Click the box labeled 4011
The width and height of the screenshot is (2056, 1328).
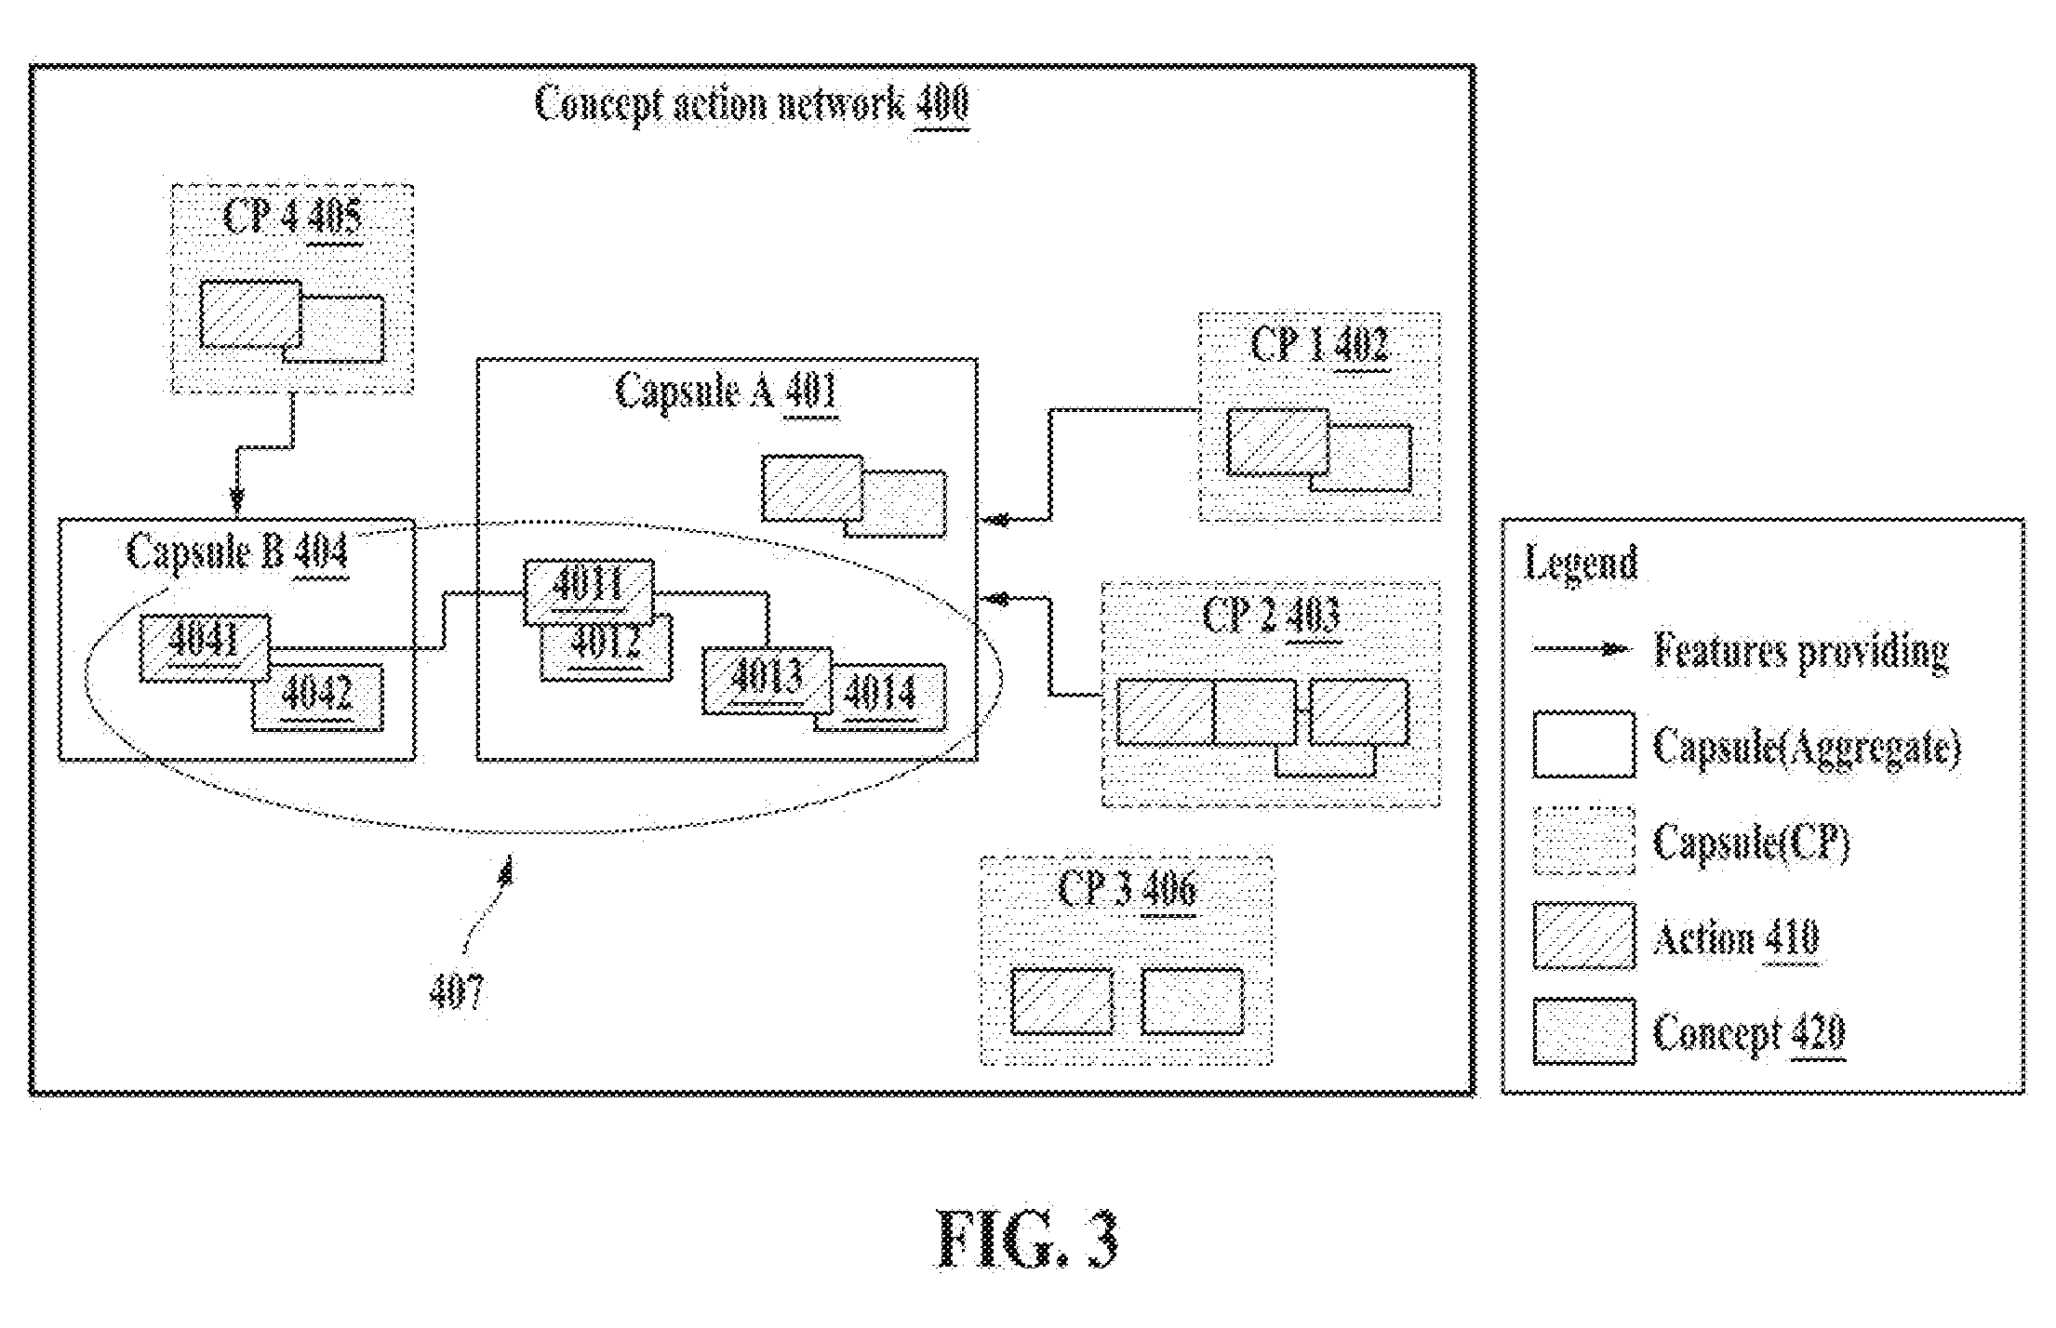click(588, 591)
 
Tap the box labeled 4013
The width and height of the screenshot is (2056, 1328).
click(767, 681)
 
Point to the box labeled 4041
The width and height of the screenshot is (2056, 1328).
click(205, 648)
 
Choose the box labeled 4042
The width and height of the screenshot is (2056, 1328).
click(317, 697)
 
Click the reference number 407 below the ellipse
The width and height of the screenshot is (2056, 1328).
click(457, 992)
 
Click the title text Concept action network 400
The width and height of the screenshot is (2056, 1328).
click(753, 103)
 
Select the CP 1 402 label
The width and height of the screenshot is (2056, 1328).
click(1319, 345)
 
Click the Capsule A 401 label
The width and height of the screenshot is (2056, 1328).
click(727, 391)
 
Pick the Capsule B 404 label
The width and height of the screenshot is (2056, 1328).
click(237, 552)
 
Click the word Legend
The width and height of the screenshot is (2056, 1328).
click(1581, 564)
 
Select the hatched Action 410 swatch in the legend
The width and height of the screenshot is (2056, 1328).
click(1584, 936)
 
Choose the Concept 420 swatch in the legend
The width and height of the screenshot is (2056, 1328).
click(1584, 1031)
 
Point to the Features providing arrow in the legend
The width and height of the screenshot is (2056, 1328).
click(1582, 649)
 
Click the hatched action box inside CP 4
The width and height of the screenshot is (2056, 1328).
click(250, 314)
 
